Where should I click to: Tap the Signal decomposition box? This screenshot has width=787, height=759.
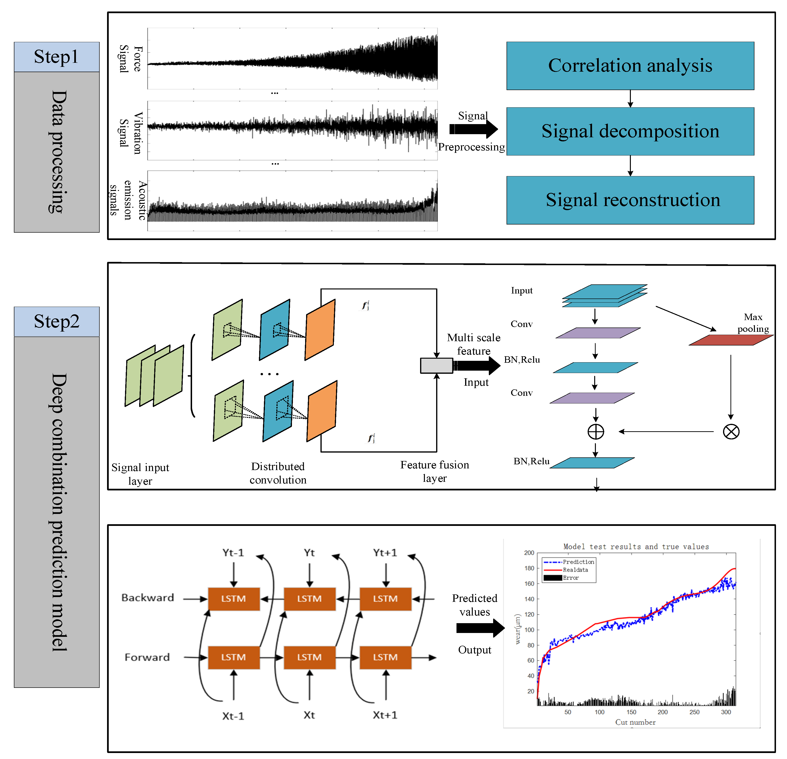pos(630,131)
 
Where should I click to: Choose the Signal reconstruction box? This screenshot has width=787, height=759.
pos(630,200)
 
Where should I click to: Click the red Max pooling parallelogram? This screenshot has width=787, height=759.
pos(731,340)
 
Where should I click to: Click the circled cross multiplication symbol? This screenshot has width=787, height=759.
pos(731,432)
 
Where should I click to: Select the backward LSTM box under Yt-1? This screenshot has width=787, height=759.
pos(234,599)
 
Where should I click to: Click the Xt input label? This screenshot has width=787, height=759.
pos(309,715)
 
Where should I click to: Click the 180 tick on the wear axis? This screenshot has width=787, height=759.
pos(529,568)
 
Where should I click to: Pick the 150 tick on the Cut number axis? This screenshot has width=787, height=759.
pos(631,712)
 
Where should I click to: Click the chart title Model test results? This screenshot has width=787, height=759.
pos(636,546)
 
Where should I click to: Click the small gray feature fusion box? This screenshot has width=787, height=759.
pos(436,365)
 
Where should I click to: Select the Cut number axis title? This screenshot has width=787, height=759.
pos(635,722)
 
